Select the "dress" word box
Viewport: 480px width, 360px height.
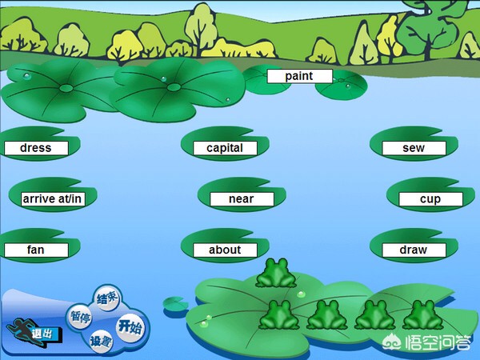pyautogui.click(x=35, y=148)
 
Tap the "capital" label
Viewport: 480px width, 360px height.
pyautogui.click(x=225, y=148)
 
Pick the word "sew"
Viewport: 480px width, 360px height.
pyautogui.click(x=414, y=148)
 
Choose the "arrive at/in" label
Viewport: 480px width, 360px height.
pyautogui.click(x=53, y=198)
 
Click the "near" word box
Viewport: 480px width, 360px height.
pyautogui.click(x=242, y=199)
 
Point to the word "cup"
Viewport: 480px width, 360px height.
pyautogui.click(x=430, y=199)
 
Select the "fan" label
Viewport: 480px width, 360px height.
pyautogui.click(x=35, y=250)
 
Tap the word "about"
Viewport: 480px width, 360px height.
pyautogui.click(x=225, y=250)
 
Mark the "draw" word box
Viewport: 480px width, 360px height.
pyautogui.click(x=414, y=250)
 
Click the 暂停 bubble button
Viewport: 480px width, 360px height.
pyautogui.click(x=79, y=317)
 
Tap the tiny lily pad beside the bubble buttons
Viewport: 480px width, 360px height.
pyautogui.click(x=174, y=304)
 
